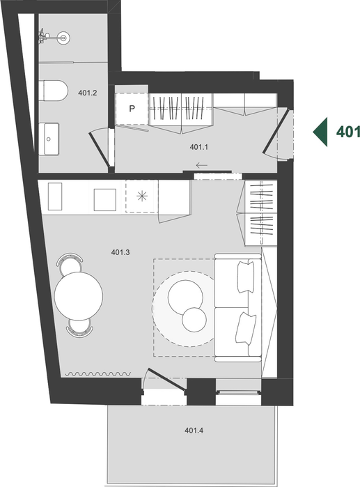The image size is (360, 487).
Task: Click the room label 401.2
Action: pyautogui.click(x=88, y=93)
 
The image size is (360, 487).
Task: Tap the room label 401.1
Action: pyautogui.click(x=198, y=147)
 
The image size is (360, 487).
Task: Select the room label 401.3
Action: pyautogui.click(x=120, y=252)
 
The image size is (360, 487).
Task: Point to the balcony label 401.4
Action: pyautogui.click(x=194, y=431)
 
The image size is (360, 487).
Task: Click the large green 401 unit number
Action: pyautogui.click(x=348, y=132)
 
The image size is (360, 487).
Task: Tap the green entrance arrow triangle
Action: pyautogui.click(x=320, y=132)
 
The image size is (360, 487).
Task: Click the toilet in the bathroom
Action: pyautogui.click(x=54, y=91)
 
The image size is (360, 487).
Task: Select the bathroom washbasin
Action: pyautogui.click(x=49, y=139)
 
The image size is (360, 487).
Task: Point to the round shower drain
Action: pyautogui.click(x=64, y=38)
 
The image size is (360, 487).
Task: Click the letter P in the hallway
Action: pyautogui.click(x=132, y=109)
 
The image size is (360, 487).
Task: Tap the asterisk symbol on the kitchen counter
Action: pyautogui.click(x=142, y=196)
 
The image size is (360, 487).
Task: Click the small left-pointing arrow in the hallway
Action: pyautogui.click(x=201, y=165)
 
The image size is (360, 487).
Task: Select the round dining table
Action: pyautogui.click(x=79, y=296)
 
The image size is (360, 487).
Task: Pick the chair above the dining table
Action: pyautogui.click(x=70, y=261)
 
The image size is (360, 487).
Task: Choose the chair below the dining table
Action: pyautogui.click(x=79, y=327)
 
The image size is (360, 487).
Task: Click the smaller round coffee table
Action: pyautogui.click(x=194, y=320)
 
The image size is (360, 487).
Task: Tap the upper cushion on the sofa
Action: pyautogui.click(x=246, y=277)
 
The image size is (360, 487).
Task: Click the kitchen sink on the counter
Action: pyautogui.click(x=55, y=196)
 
